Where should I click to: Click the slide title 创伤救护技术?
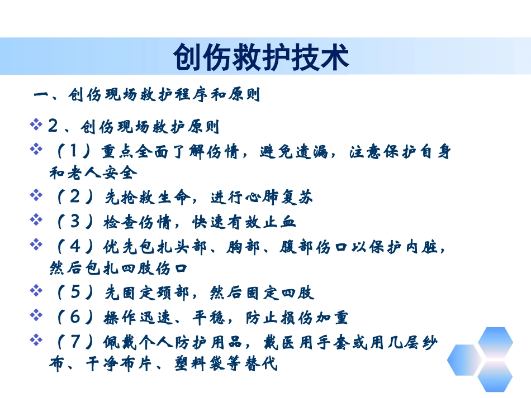[x=261, y=57]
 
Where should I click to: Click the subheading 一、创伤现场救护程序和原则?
[x=147, y=95]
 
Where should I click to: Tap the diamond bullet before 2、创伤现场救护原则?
[x=37, y=124]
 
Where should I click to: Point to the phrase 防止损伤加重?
[x=297, y=317]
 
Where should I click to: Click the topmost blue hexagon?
[x=495, y=342]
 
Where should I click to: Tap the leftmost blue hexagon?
[x=463, y=359]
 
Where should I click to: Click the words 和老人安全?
[x=93, y=172]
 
